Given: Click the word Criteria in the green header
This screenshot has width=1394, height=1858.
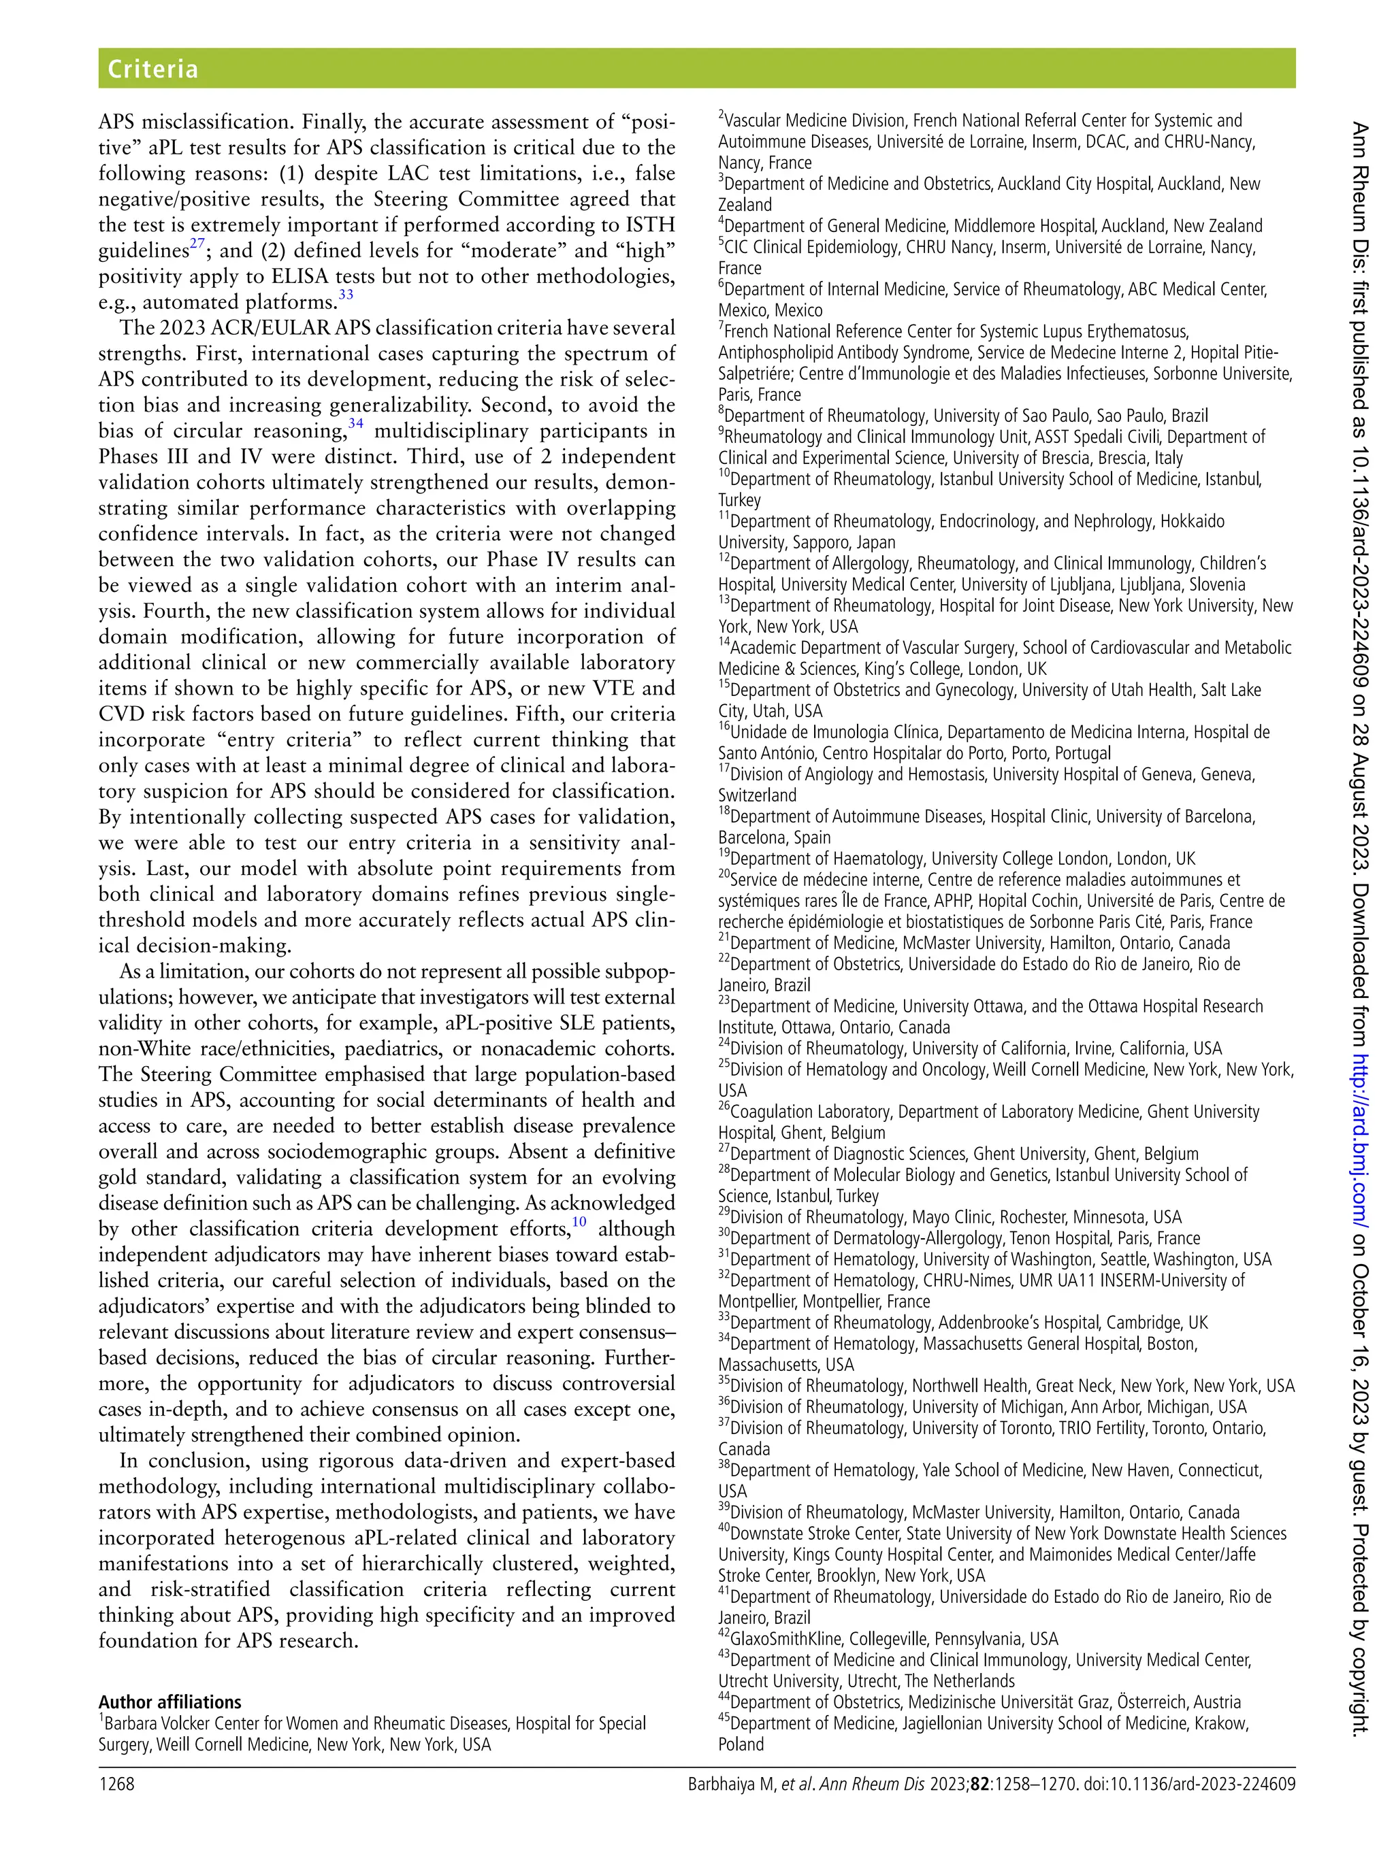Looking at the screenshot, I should click(152, 68).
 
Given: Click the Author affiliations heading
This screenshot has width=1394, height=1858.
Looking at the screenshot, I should click(169, 1702).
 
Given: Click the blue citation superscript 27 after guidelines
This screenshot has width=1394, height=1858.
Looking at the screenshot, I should click(197, 244).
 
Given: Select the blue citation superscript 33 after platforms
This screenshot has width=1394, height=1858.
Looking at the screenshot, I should click(345, 295).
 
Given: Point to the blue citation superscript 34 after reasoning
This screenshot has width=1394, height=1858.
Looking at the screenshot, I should click(355, 423).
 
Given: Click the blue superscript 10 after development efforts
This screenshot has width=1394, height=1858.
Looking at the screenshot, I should click(579, 1221).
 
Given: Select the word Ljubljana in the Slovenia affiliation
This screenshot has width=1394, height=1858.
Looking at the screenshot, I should click(1146, 584).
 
